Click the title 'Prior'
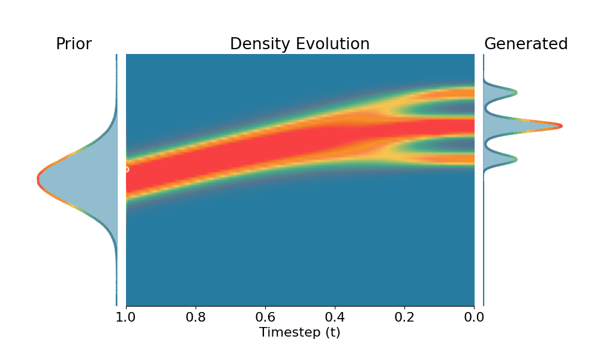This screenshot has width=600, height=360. [73, 44]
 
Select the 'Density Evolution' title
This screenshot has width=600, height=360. [299, 44]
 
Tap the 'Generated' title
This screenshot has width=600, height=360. [526, 44]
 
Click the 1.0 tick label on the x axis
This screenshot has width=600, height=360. [126, 316]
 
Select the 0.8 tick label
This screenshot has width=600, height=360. [196, 316]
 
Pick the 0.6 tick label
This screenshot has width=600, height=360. [265, 316]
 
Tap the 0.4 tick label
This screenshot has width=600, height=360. [335, 316]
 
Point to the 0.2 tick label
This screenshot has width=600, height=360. [405, 316]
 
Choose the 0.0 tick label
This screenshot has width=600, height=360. [474, 316]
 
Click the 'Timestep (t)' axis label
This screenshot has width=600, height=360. [299, 332]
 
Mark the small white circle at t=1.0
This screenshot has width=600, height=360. [126, 169]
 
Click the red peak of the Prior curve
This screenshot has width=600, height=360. [38, 178]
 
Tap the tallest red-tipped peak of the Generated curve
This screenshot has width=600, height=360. [560, 126]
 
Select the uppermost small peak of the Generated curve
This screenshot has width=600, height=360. [515, 92]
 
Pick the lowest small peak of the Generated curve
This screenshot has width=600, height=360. [515, 159]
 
